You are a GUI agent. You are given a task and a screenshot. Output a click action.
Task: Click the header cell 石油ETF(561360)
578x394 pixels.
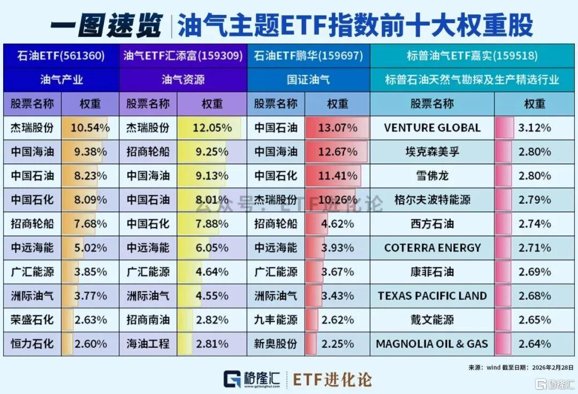pyautogui.click(x=60, y=56)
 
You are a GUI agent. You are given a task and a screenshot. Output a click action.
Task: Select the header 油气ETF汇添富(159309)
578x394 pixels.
pyautogui.click(x=183, y=56)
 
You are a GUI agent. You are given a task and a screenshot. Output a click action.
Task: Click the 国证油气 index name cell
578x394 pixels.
pyautogui.click(x=308, y=80)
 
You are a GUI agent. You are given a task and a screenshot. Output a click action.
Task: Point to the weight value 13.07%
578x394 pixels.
pyautogui.click(x=338, y=128)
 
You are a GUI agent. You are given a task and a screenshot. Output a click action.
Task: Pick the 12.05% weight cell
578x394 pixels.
pyautogui.click(x=212, y=128)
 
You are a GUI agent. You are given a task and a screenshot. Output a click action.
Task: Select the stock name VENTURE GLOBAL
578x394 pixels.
pyautogui.click(x=432, y=128)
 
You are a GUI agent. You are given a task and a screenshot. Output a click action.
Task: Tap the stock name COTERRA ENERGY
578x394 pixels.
pyautogui.click(x=432, y=248)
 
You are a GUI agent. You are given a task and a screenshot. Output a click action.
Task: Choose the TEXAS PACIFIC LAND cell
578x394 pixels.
pyautogui.click(x=432, y=296)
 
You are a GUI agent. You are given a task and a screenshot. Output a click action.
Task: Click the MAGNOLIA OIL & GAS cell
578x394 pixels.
pyautogui.click(x=432, y=344)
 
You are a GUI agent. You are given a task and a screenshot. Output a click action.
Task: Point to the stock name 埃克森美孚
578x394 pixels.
pyautogui.click(x=432, y=152)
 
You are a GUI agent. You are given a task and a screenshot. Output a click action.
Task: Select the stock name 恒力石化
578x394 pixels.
pyautogui.click(x=32, y=344)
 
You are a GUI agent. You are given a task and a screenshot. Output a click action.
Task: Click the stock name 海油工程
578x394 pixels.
pyautogui.click(x=148, y=344)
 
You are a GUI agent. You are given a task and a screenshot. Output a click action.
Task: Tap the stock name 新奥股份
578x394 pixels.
pyautogui.click(x=276, y=344)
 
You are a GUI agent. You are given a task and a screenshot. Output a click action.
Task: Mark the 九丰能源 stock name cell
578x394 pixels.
pyautogui.click(x=276, y=320)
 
